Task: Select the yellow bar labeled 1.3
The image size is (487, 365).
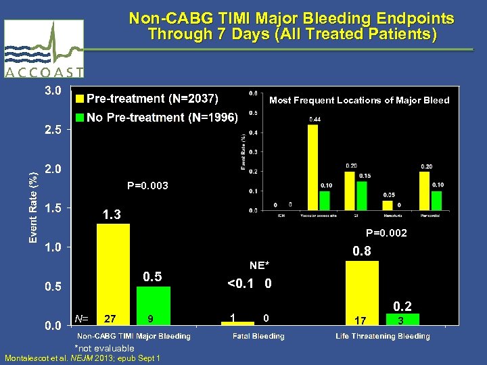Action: tap(113, 274)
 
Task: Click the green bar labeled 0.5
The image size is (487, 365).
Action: tap(154, 306)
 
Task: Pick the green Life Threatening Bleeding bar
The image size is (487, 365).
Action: tap(404, 319)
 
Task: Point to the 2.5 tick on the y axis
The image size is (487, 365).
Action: tap(53, 129)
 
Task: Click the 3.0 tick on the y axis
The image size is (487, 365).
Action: tap(53, 90)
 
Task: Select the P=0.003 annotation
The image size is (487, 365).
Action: tap(147, 186)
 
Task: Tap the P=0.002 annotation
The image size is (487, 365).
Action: tap(386, 233)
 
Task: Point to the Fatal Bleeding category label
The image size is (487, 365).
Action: tap(258, 336)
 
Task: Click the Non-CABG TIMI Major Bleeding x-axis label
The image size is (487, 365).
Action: tap(133, 336)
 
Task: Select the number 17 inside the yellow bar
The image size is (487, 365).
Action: tap(362, 318)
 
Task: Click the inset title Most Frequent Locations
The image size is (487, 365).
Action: tap(359, 100)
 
